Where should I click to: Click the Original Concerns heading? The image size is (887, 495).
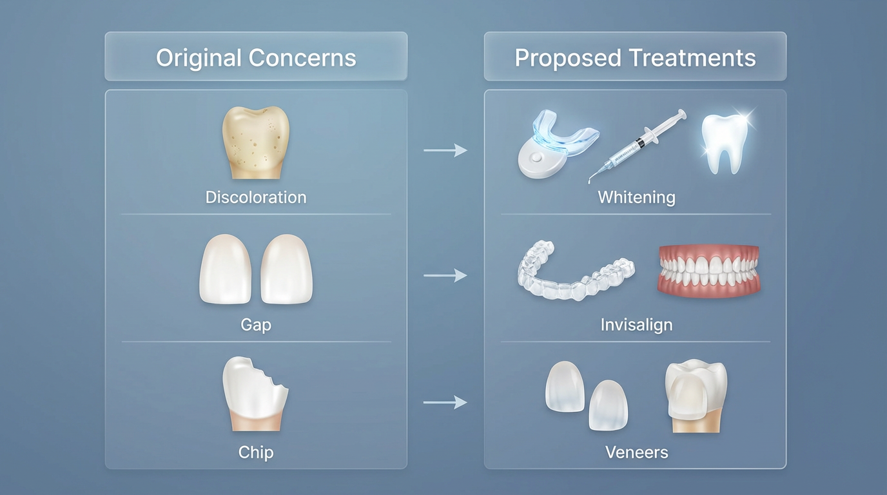(x=256, y=58)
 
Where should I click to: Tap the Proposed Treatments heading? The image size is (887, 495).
(x=635, y=58)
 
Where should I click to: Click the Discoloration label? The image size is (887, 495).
(x=256, y=197)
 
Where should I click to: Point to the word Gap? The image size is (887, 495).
(x=256, y=324)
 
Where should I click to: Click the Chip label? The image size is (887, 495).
(x=256, y=452)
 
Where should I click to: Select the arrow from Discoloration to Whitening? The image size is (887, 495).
(x=445, y=151)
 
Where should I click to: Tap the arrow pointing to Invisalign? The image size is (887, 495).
(x=445, y=276)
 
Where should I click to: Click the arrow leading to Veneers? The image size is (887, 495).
(x=445, y=403)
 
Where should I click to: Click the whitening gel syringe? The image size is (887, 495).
(x=638, y=146)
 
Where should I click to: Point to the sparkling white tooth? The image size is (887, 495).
(x=725, y=143)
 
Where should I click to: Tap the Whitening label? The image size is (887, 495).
(x=636, y=197)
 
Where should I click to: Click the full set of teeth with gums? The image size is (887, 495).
(x=708, y=271)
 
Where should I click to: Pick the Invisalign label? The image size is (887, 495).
(x=636, y=324)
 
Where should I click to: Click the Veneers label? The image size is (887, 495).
(x=636, y=452)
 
